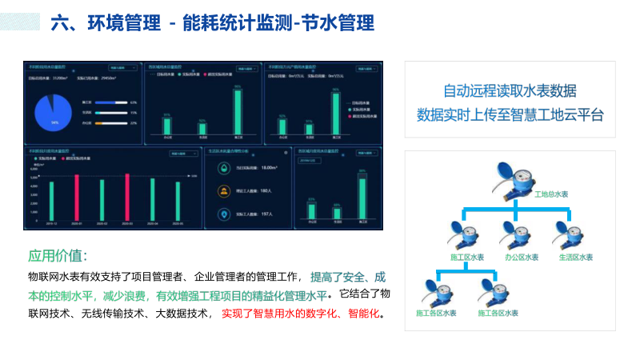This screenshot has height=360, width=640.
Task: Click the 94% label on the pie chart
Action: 54,123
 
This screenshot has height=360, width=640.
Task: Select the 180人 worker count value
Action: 266,190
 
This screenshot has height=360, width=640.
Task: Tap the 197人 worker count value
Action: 266,214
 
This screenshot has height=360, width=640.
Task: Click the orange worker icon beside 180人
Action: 224,190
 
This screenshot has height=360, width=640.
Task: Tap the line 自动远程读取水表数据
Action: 510,90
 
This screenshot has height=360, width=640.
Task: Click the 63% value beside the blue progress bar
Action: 133,102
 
